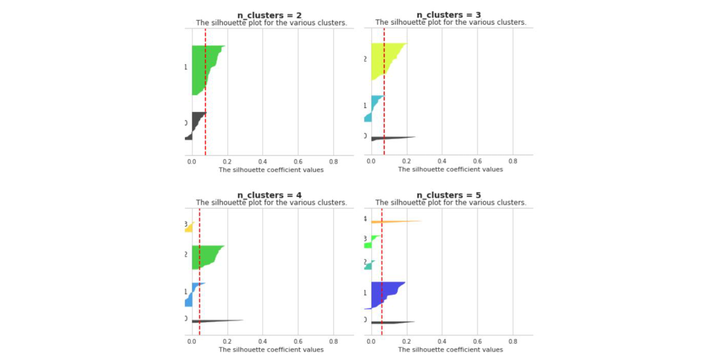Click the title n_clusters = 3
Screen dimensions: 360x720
coord(449,15)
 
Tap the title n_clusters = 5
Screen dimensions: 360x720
coord(449,195)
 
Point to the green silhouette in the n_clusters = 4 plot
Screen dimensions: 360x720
coord(205,256)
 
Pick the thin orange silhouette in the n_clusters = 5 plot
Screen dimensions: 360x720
coord(394,222)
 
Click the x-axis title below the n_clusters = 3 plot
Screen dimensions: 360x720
coord(451,169)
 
